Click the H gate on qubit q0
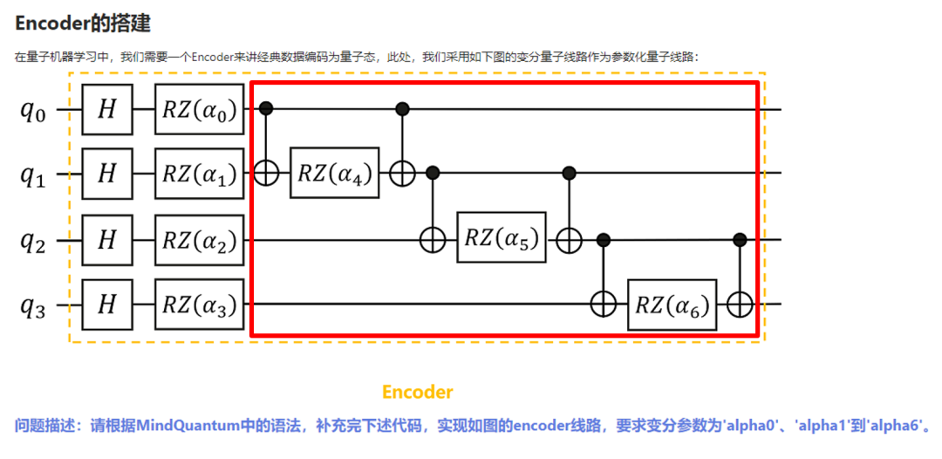pos(106,110)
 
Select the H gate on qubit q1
pos(106,174)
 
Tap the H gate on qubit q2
pos(106,238)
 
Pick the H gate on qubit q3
pos(106,304)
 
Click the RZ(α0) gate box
pos(200,110)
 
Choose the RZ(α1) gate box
pos(200,174)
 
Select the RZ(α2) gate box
pos(200,238)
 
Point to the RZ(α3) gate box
pos(200,304)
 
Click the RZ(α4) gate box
pos(336,173)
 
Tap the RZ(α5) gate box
pos(502,237)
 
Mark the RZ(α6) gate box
pos(672,305)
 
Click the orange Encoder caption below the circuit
pos(417,392)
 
